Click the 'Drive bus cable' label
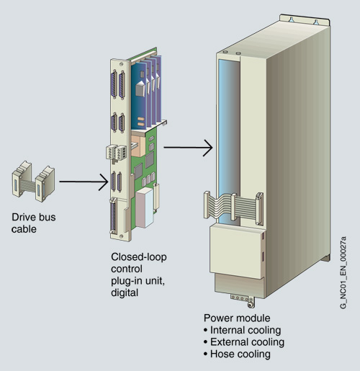click(34, 223)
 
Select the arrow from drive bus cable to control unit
click(84, 182)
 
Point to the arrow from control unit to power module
click(188, 148)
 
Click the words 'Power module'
click(237, 318)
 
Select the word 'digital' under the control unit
click(125, 292)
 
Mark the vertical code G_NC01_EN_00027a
click(343, 272)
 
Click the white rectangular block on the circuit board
click(144, 207)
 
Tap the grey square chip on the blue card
click(140, 89)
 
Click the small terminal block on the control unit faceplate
click(116, 153)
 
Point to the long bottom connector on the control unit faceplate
click(113, 215)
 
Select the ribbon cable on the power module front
click(233, 206)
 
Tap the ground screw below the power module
click(250, 305)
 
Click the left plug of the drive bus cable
click(22, 179)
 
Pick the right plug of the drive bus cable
click(45, 184)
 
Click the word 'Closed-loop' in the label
click(139, 256)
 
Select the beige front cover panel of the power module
click(237, 251)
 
